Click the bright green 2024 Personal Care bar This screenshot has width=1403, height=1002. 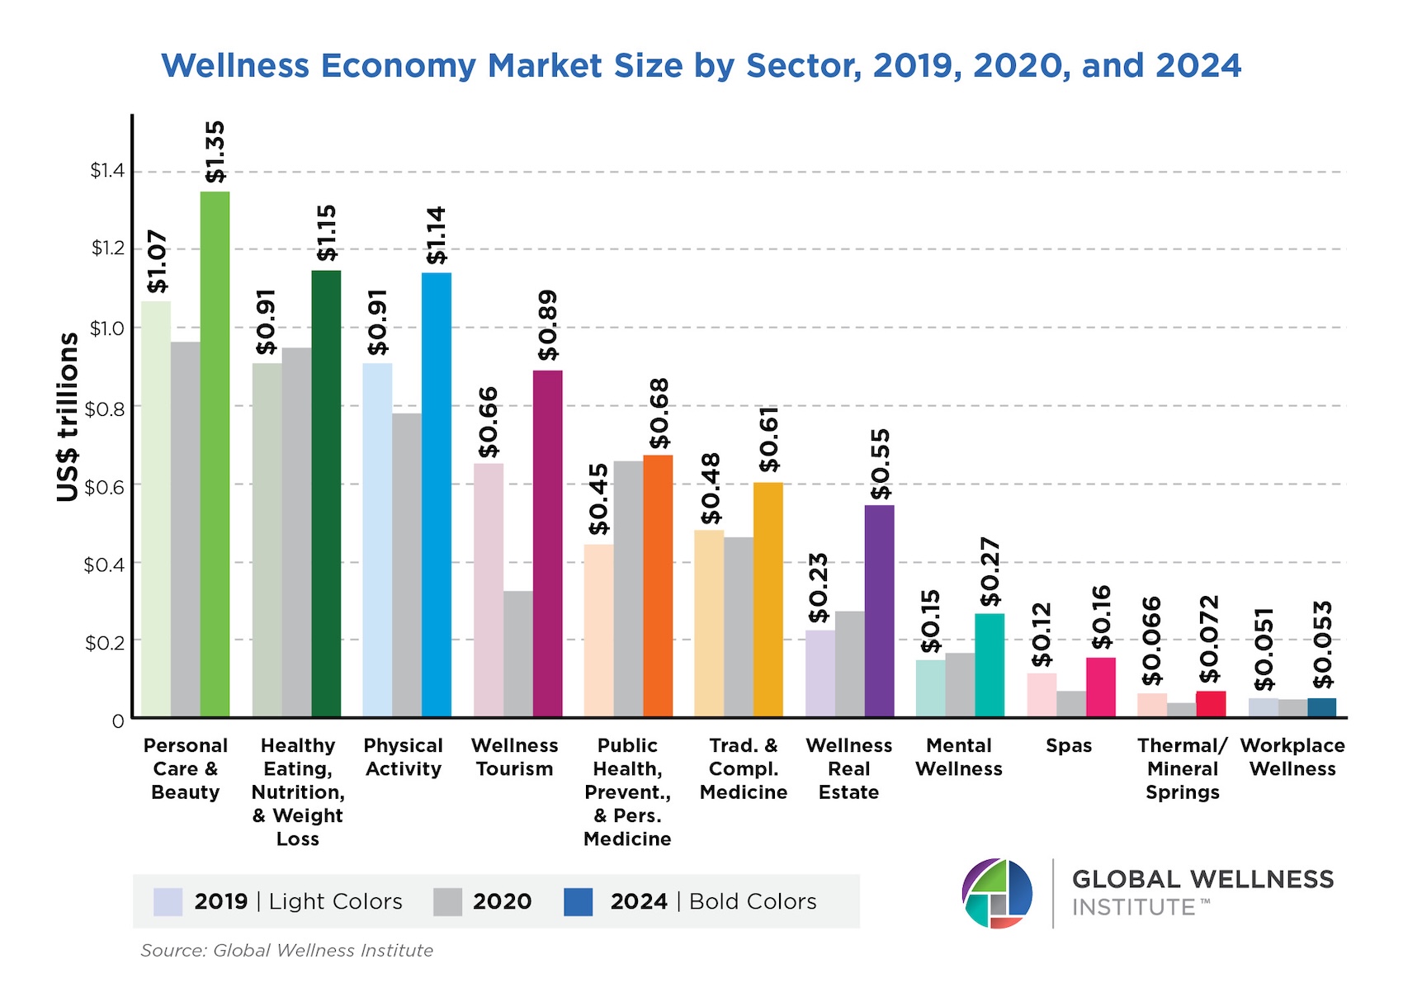click(215, 454)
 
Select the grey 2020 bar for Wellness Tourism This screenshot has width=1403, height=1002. click(518, 654)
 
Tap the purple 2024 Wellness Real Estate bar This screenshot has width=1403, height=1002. click(879, 611)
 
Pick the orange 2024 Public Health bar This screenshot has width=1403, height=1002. click(658, 586)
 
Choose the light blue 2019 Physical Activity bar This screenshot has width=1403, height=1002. click(377, 540)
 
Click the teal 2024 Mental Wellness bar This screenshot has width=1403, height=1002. click(990, 665)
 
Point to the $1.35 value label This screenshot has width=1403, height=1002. click(215, 153)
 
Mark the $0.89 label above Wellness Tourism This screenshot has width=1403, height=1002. click(547, 325)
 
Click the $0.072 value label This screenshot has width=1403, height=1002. click(1209, 640)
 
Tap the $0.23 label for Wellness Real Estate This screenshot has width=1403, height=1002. click(819, 588)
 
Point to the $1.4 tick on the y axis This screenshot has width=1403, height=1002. click(107, 171)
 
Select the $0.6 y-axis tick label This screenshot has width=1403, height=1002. click(104, 486)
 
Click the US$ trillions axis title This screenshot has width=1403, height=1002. click(68, 417)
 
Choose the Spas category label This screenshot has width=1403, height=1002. click(1069, 746)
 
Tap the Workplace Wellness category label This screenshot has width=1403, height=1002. click(1292, 757)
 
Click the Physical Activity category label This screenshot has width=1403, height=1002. click(403, 757)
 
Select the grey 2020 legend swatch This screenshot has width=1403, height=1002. click(447, 902)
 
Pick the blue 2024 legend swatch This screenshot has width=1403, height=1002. click(578, 902)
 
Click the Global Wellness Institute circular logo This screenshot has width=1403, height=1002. click(997, 894)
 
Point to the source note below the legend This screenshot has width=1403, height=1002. click(286, 951)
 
